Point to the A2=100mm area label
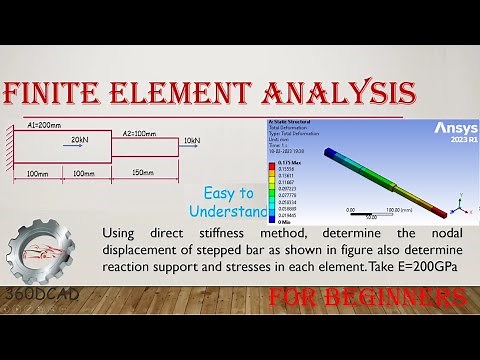click(137, 133)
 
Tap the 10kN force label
click(192, 141)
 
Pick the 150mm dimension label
click(143, 173)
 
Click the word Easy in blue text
click(221, 193)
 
